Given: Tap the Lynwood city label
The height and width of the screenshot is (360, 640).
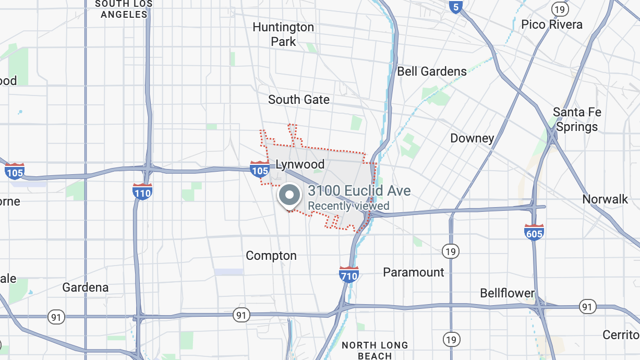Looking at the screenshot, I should click(x=300, y=165).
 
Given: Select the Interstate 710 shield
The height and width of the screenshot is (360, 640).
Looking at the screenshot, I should click(x=348, y=274).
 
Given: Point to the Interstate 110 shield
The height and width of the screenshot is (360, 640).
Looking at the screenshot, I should click(x=142, y=191).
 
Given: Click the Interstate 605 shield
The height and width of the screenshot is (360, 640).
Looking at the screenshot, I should click(x=534, y=232).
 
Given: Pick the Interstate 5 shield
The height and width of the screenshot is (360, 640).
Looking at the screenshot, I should click(x=455, y=7).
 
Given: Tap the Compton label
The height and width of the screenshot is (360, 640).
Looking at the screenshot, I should click(x=271, y=256).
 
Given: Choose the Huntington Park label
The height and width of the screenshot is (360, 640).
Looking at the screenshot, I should click(x=283, y=34).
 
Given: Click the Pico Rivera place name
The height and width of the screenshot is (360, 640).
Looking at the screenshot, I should click(x=552, y=25).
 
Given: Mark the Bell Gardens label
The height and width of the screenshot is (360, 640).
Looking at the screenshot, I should click(x=432, y=71).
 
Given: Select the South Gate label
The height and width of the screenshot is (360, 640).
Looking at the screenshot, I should click(x=299, y=100).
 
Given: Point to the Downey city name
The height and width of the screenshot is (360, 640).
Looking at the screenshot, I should click(x=472, y=138).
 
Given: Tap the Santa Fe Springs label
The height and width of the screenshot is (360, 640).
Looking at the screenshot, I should click(x=577, y=119).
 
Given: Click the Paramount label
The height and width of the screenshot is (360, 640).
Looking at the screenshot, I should click(x=414, y=272).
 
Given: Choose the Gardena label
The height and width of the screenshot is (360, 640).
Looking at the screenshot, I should click(x=86, y=287).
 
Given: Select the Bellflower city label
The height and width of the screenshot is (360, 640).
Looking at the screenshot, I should click(x=508, y=293).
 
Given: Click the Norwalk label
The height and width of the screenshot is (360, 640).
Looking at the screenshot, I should click(x=606, y=199).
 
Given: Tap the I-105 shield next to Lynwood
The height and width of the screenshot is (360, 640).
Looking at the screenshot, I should click(x=260, y=169).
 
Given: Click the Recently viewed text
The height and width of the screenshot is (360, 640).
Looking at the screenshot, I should click(x=348, y=206).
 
